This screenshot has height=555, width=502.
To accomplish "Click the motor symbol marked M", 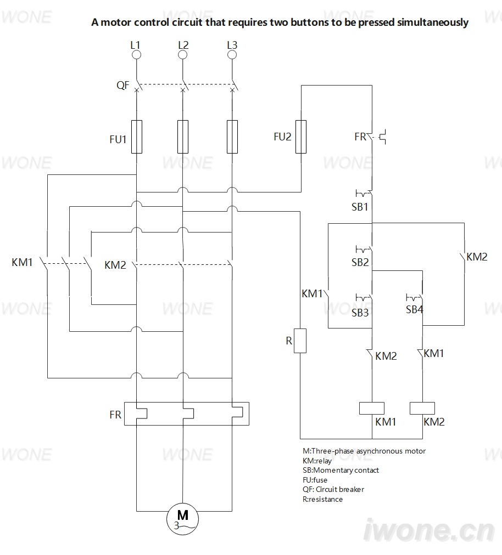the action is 182,519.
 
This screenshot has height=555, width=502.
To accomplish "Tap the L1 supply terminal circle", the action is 137,54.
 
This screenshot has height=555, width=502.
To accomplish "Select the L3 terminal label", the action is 232,45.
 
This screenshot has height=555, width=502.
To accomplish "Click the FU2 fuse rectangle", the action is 301,137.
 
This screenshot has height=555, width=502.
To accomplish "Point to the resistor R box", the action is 300,341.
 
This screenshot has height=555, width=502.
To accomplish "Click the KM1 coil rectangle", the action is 372,408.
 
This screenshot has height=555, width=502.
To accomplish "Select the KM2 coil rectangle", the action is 422,408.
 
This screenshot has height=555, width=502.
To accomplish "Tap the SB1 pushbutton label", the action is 360,207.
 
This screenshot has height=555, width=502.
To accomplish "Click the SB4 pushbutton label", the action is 415,309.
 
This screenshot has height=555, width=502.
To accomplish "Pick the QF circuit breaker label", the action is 123,86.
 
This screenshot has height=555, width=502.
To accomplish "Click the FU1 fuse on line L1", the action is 137,137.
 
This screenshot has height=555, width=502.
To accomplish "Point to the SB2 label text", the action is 360,262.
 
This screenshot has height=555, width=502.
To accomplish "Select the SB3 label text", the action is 360,313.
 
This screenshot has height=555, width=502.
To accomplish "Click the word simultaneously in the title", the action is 433,22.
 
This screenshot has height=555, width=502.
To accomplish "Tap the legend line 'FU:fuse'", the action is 315,480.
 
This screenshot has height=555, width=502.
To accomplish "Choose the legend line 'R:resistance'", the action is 322,499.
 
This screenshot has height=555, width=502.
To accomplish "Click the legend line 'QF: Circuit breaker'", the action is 333,490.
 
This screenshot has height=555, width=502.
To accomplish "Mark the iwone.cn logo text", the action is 429,530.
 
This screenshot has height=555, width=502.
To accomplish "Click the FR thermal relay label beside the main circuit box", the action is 115,415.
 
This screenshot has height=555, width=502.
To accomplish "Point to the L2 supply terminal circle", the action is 182,54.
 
